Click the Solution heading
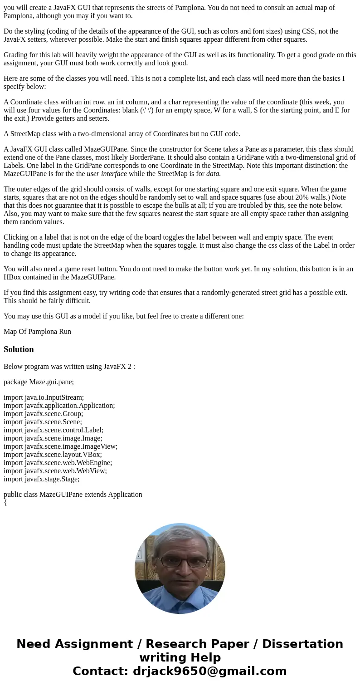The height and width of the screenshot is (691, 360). click(x=19, y=349)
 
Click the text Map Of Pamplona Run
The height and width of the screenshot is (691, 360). click(x=37, y=332)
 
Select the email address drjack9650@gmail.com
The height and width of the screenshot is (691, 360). click(x=209, y=671)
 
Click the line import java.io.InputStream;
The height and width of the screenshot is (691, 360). click(x=44, y=397)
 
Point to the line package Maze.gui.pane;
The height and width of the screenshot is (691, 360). click(x=39, y=382)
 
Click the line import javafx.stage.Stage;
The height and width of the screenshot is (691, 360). click(x=41, y=479)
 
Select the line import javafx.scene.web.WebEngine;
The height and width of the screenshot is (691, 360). click(x=58, y=463)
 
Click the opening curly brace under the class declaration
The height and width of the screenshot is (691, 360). click(x=5, y=502)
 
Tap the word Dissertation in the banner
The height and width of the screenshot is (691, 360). click(x=302, y=644)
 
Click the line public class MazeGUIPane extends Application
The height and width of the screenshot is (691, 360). click(x=73, y=495)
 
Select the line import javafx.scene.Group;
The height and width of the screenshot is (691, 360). click(x=43, y=414)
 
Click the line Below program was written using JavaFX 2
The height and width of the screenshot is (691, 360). click(x=69, y=367)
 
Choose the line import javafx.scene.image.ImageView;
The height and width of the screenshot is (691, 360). click(x=60, y=446)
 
